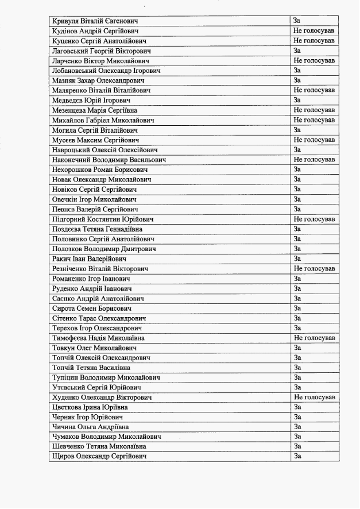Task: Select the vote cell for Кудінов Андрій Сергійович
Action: (x=313, y=31)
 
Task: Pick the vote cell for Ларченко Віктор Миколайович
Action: (x=313, y=61)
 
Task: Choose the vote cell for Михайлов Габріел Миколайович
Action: (x=313, y=120)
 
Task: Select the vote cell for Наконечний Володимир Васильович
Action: (x=313, y=160)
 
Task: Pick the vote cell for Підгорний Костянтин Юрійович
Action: (x=313, y=219)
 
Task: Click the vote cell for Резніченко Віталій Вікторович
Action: (x=313, y=269)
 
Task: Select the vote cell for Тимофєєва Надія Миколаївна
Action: (x=313, y=338)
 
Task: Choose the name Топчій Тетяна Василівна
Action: (x=91, y=368)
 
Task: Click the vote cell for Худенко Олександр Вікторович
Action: (x=313, y=398)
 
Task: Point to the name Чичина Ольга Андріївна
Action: (x=90, y=427)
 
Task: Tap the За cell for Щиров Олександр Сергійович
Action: (x=297, y=456)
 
